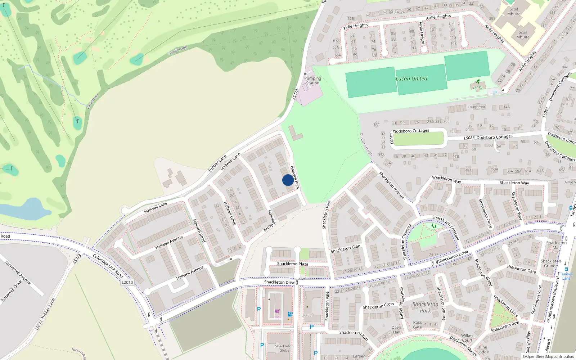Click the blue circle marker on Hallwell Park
(288, 180)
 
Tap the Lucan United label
(411, 79)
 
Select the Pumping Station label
(312, 81)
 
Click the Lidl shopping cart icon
(277, 311)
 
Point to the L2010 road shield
(127, 282)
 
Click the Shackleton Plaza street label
(292, 264)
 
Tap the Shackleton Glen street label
(345, 248)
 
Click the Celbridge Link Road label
(108, 266)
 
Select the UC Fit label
(478, 88)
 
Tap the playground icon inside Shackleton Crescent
(433, 226)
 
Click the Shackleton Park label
(425, 307)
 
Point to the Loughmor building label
(476, 107)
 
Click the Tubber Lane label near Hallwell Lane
(217, 163)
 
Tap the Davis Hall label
(396, 330)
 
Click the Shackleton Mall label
(556, 245)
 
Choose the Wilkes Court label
(467, 338)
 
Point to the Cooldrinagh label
(177, 50)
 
